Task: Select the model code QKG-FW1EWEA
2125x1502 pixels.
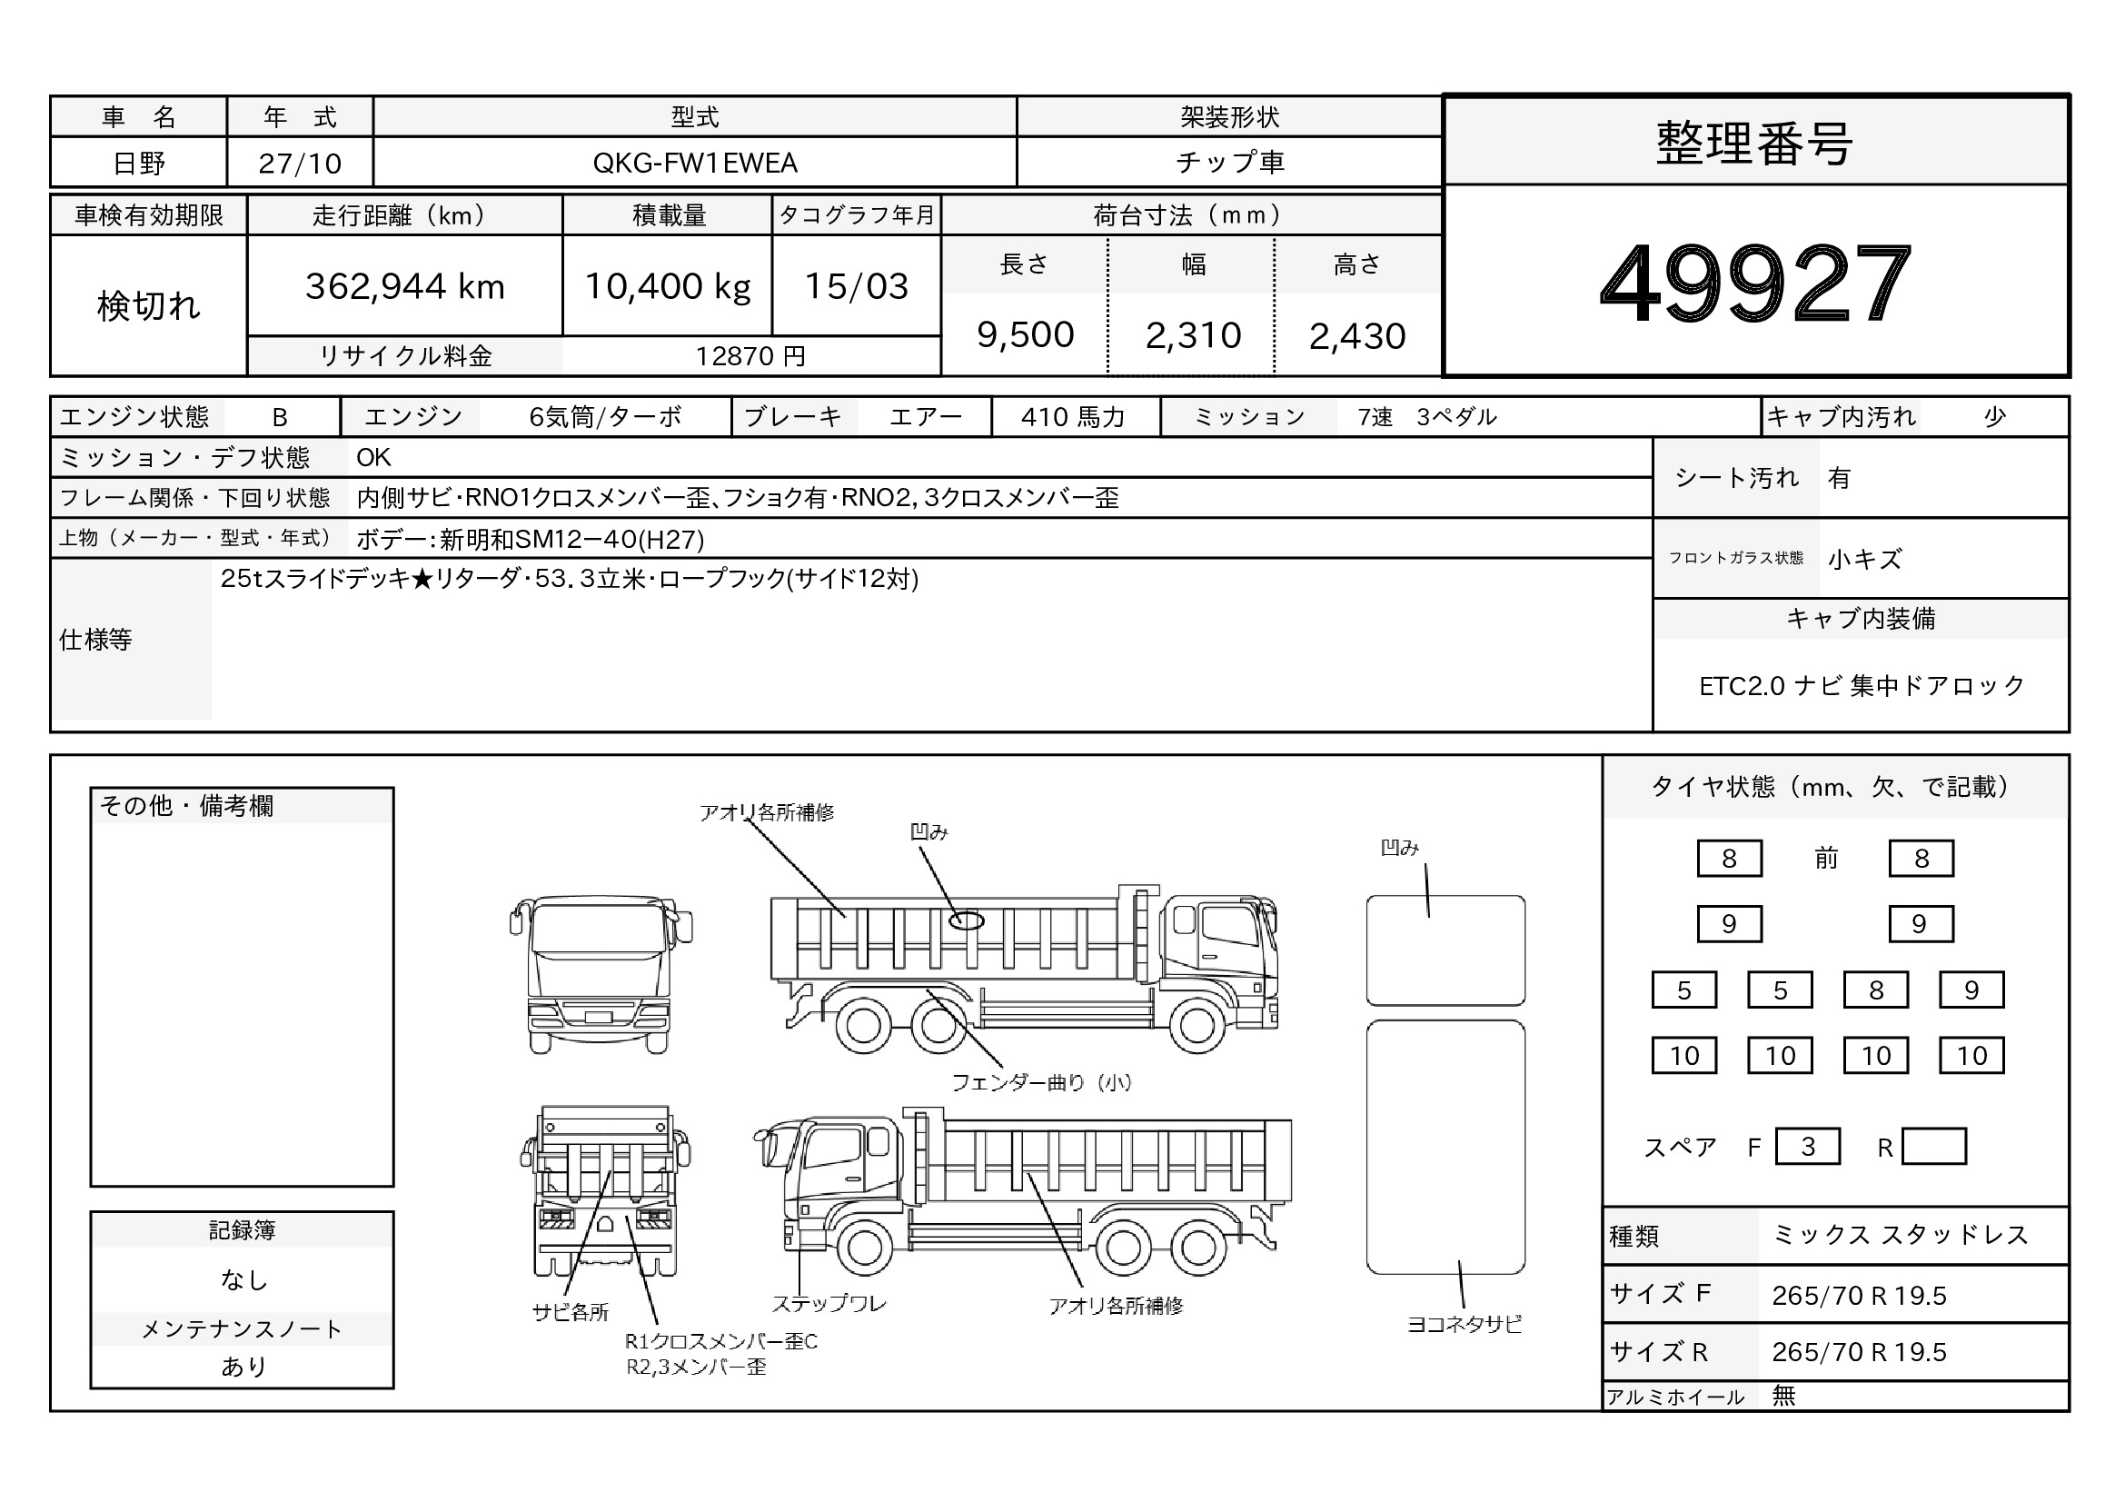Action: click(x=695, y=163)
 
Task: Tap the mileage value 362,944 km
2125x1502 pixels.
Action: click(x=405, y=286)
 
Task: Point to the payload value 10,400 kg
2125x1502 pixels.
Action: click(x=668, y=286)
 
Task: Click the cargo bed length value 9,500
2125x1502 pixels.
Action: click(x=1026, y=335)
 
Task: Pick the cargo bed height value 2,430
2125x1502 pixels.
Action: click(x=1357, y=336)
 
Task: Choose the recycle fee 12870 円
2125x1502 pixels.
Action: click(x=750, y=356)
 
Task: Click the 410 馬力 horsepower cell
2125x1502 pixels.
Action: click(x=1074, y=417)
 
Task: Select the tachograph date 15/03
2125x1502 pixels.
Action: click(x=857, y=286)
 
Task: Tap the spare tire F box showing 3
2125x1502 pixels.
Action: click(x=1808, y=1147)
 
